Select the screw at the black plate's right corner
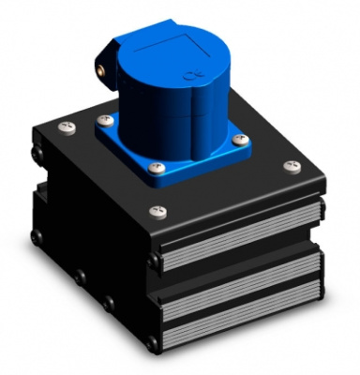(289, 166)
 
